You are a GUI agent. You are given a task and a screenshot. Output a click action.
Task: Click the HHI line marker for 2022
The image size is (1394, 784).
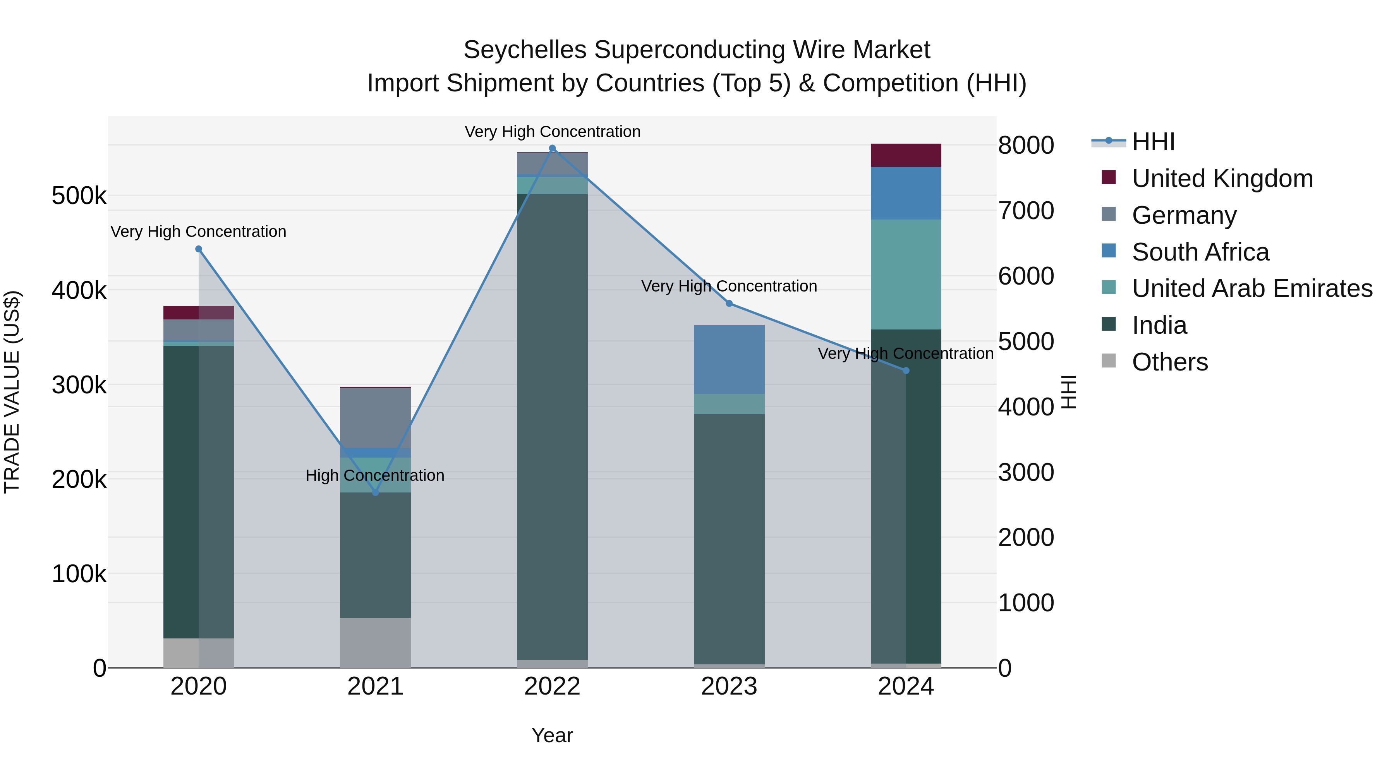tap(552, 148)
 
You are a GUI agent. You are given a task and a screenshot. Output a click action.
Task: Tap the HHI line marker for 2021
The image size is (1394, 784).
tap(376, 492)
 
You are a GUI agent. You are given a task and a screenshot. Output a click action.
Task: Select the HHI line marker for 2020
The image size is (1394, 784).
tap(199, 249)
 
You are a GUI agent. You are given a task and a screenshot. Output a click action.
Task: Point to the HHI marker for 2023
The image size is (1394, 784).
tap(729, 304)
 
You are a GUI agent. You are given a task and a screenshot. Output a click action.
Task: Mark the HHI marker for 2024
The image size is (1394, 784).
tap(906, 371)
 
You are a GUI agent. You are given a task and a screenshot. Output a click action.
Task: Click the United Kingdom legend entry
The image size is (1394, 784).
tap(1222, 178)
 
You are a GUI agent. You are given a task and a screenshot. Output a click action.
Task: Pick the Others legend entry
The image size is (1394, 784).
tap(1169, 362)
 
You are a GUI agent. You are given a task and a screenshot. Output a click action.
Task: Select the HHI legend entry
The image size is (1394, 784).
tap(1153, 142)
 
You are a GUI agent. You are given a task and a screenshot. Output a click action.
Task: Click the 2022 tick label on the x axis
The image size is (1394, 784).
tap(552, 686)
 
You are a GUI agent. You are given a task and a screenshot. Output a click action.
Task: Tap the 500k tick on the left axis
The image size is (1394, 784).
tap(79, 196)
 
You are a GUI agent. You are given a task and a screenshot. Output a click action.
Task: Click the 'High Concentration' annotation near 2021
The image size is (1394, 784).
tap(374, 475)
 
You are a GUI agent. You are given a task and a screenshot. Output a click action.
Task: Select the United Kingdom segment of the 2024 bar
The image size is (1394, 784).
tap(906, 155)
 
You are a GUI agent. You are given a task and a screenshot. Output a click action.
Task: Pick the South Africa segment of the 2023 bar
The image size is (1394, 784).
tap(729, 359)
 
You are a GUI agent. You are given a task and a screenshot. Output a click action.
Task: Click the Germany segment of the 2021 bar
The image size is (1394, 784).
tap(376, 418)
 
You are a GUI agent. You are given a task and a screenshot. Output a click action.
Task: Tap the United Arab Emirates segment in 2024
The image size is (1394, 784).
tap(906, 274)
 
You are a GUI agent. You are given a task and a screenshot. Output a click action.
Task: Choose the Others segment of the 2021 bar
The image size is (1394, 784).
tap(376, 642)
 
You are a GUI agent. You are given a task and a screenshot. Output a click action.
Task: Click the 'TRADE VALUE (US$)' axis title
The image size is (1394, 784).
tap(12, 392)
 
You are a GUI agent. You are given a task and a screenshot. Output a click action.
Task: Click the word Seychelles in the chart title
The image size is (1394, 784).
tap(525, 50)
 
